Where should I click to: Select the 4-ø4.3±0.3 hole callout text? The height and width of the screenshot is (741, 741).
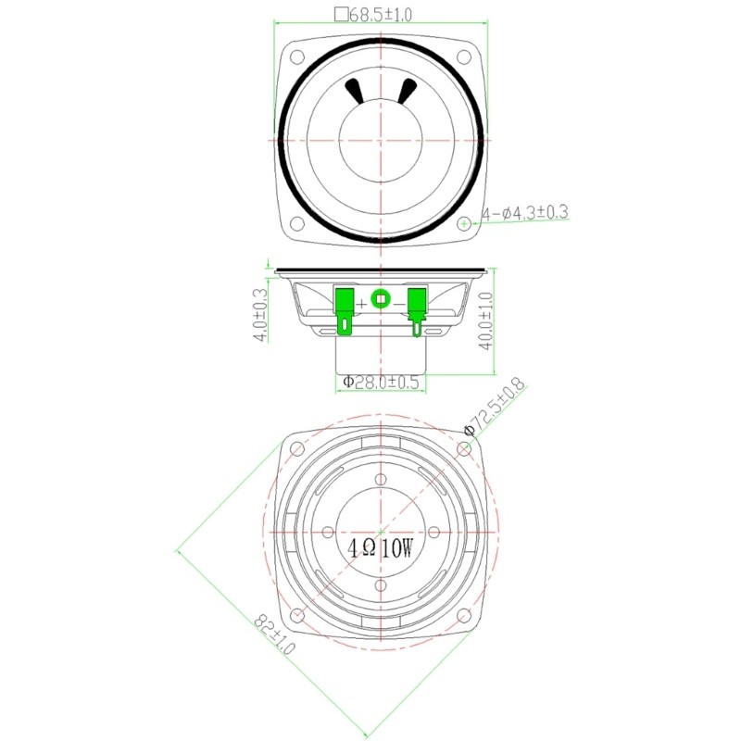(523, 213)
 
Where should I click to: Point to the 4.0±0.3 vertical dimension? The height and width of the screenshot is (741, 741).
(260, 315)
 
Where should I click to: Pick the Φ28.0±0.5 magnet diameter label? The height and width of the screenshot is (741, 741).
(381, 382)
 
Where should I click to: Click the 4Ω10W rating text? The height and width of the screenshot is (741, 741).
(381, 548)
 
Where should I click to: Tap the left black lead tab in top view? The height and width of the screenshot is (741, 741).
(354, 91)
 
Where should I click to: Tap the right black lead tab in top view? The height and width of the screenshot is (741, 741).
(407, 91)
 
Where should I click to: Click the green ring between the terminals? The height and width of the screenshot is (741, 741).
(380, 298)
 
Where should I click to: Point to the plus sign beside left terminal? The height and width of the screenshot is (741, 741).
(361, 303)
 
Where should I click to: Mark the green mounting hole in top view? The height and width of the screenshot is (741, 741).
(464, 222)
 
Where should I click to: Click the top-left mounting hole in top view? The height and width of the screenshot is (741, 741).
(296, 56)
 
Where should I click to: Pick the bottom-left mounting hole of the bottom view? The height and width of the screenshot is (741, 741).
(296, 616)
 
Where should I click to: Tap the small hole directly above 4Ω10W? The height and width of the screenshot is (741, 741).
(381, 479)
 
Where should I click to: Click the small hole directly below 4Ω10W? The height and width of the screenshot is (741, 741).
(381, 585)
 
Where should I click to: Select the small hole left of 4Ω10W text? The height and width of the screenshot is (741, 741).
(328, 532)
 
